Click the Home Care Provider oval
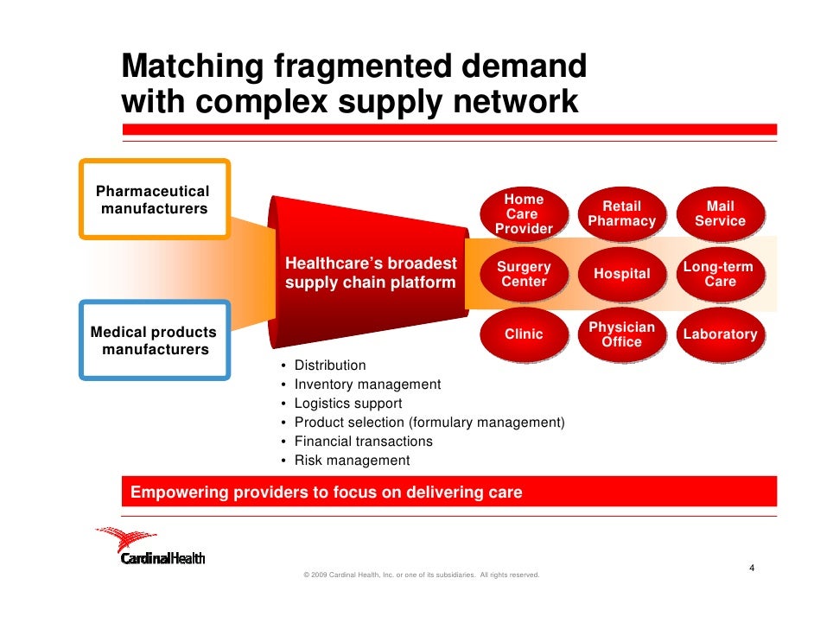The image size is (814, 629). [x=524, y=214]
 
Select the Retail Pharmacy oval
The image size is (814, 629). [x=621, y=214]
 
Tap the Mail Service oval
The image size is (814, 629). [x=720, y=214]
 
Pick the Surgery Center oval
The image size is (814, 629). [x=524, y=275]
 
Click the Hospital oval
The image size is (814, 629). [x=621, y=275]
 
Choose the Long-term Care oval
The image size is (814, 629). [x=720, y=275]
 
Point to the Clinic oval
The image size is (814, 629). [x=524, y=334]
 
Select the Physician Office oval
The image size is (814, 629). [x=621, y=335]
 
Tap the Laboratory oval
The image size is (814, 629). [x=720, y=334]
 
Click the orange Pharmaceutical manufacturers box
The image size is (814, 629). [x=154, y=200]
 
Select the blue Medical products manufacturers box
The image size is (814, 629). [x=154, y=340]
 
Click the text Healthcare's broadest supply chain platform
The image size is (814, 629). [x=370, y=273]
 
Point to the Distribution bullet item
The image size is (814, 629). [x=330, y=365]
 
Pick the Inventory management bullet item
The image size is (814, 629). [x=367, y=384]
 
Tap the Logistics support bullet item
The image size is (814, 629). [x=347, y=403]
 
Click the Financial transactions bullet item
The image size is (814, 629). [x=363, y=442]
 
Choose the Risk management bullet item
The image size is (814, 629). [x=352, y=461]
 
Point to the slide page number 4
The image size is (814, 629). [x=752, y=569]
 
